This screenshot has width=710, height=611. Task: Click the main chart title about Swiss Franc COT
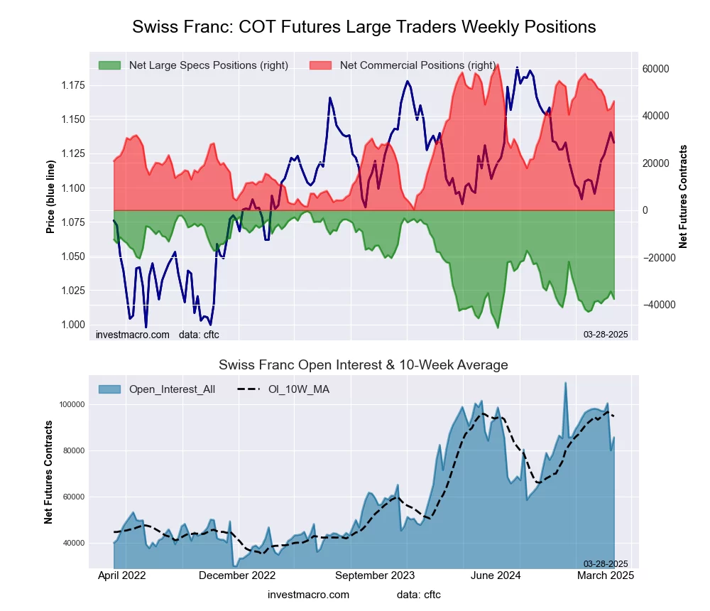click(x=364, y=27)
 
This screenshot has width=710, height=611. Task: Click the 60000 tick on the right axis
click(x=656, y=69)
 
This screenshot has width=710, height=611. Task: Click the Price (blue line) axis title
click(x=50, y=197)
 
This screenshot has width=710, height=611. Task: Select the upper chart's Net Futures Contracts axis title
click(x=683, y=197)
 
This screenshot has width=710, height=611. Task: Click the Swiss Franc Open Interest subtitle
click(x=364, y=365)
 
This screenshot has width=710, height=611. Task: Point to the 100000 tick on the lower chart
click(x=71, y=404)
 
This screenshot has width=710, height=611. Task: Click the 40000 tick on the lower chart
click(x=73, y=544)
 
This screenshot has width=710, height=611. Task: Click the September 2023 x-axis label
click(x=375, y=575)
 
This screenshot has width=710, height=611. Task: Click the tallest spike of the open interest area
click(x=566, y=383)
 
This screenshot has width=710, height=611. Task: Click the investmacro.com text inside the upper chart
click(x=133, y=334)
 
